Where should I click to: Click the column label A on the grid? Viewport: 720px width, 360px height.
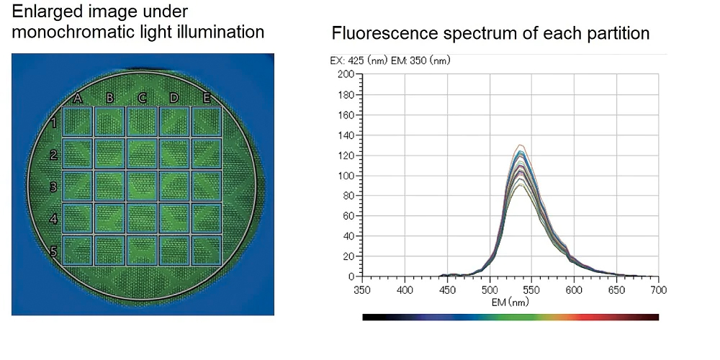(x=78, y=99)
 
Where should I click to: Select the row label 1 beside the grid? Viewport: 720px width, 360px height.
(x=53, y=122)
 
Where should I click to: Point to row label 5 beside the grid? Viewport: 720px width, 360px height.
(x=53, y=251)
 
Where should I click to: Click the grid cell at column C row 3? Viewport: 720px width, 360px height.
(x=142, y=186)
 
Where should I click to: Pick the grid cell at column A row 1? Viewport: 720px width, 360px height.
(x=78, y=122)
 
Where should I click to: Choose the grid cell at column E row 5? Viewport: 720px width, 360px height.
(x=206, y=250)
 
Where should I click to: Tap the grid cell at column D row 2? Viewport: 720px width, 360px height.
(x=174, y=154)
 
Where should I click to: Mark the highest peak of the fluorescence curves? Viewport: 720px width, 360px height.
(x=518, y=145)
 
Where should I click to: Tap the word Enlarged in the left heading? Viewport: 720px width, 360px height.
(x=42, y=12)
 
